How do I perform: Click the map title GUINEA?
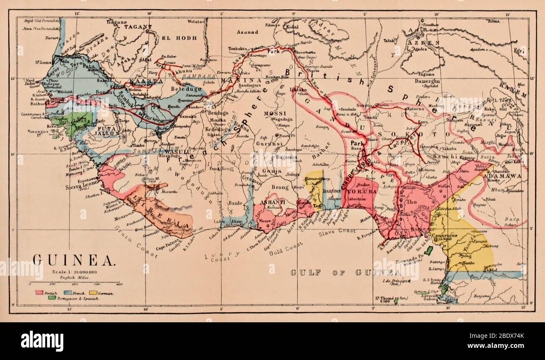click(73, 260)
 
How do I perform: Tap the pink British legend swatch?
click(40, 292)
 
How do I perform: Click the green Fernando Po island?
click(428, 251)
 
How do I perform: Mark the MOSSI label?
click(275, 113)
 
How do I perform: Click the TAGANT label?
click(138, 27)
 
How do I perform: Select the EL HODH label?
click(179, 38)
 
